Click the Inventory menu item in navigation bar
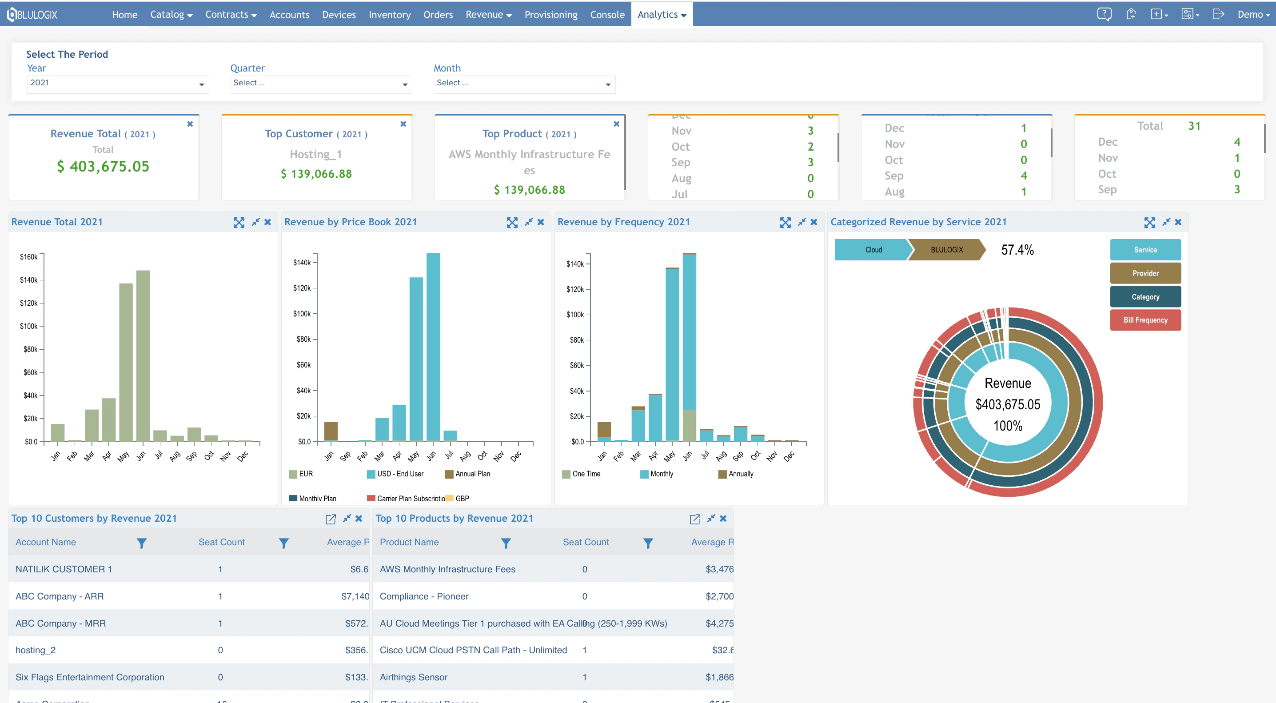[x=389, y=15]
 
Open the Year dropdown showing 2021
[x=117, y=83]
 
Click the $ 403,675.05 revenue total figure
[x=103, y=167]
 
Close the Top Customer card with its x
[x=403, y=124]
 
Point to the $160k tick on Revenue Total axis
[x=29, y=257]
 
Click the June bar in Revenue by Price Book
[x=433, y=347]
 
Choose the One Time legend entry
[x=586, y=474]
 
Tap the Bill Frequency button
[x=1145, y=320]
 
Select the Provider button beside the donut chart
[x=1145, y=273]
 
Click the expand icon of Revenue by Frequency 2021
[x=785, y=223]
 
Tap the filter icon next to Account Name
[x=142, y=543]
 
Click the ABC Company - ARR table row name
[x=60, y=596]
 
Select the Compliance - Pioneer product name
[x=424, y=596]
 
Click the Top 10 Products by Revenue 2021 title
[x=454, y=518]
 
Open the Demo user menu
[x=1253, y=15]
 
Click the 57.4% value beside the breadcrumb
[x=1017, y=250]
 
